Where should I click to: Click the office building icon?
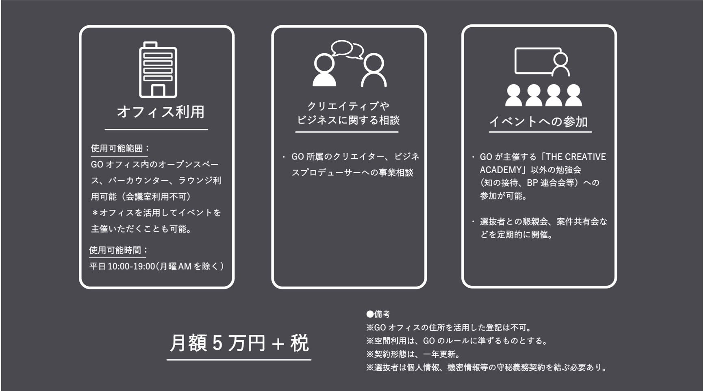[158, 70]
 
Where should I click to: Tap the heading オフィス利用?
[160, 112]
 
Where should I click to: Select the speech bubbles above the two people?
[347, 50]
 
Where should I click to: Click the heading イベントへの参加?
[539, 121]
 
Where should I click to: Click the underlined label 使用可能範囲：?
[120, 148]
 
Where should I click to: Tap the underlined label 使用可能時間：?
[118, 250]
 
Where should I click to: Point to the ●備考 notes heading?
[378, 314]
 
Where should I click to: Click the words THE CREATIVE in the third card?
[576, 157]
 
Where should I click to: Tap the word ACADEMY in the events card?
[500, 170]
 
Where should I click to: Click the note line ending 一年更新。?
[413, 354]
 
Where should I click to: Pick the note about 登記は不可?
[449, 328]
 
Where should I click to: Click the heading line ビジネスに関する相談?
[348, 120]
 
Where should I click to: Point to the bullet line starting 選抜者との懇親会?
[543, 222]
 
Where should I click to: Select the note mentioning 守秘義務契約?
[487, 367]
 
